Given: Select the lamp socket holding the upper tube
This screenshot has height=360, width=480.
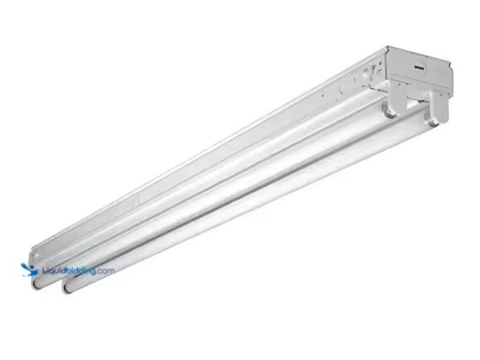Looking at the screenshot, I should (x=394, y=106).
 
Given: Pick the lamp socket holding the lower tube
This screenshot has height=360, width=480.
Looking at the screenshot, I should (x=436, y=116).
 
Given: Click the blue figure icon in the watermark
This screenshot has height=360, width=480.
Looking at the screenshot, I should (x=28, y=269).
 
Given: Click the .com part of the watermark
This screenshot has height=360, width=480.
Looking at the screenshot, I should (x=104, y=271).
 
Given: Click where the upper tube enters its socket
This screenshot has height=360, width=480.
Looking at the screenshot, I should (x=384, y=112).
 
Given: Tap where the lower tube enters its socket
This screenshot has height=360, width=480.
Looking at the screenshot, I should (x=426, y=125).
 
